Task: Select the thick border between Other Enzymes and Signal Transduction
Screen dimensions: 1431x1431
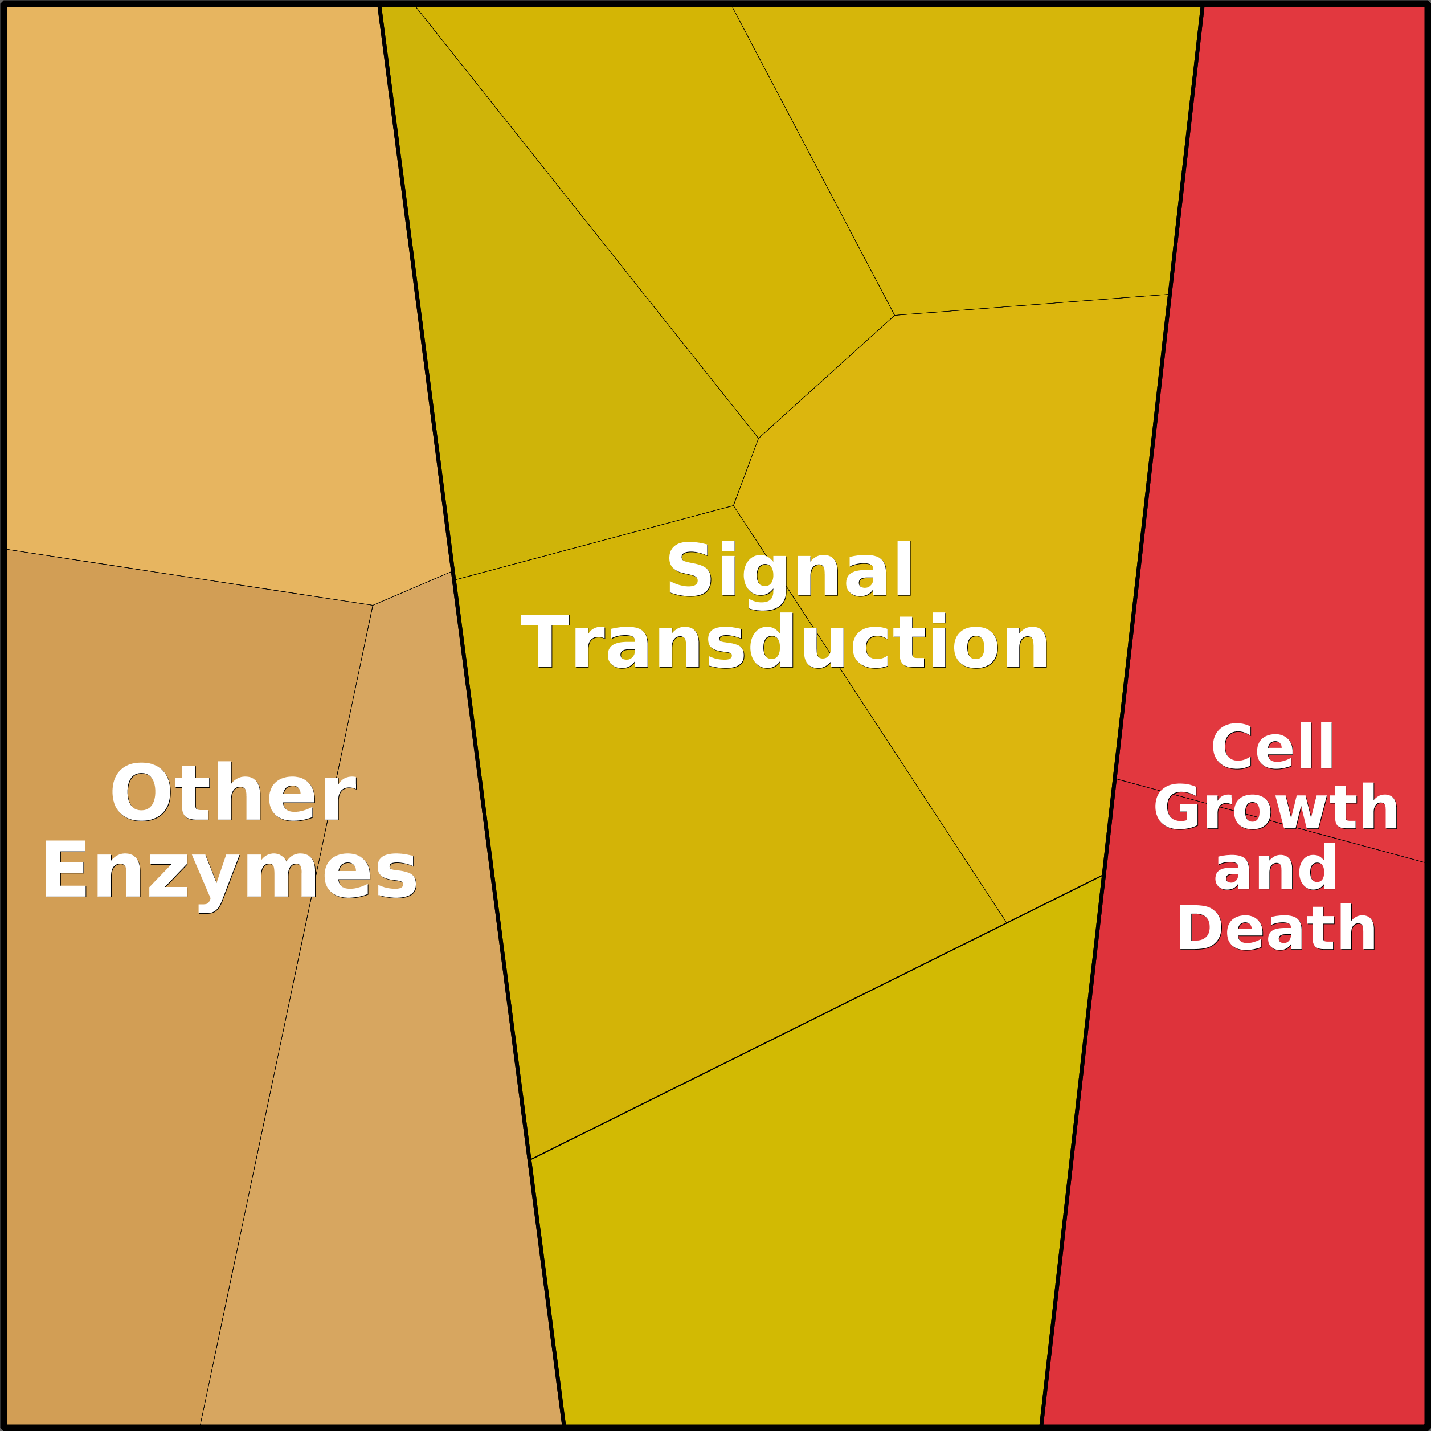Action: [472, 715]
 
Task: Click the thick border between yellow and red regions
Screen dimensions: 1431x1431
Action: [1122, 715]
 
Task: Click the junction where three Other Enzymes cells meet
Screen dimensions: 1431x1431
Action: [373, 605]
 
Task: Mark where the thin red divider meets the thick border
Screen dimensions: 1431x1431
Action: [1116, 779]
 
